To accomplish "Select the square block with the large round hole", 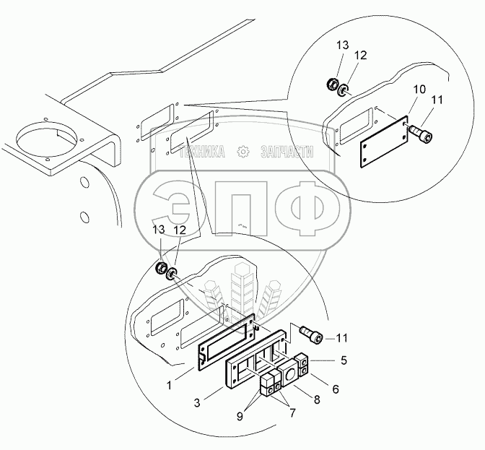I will tap(288, 375).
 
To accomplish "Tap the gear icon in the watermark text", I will tap(243, 151).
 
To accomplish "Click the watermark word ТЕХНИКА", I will tap(203, 151).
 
